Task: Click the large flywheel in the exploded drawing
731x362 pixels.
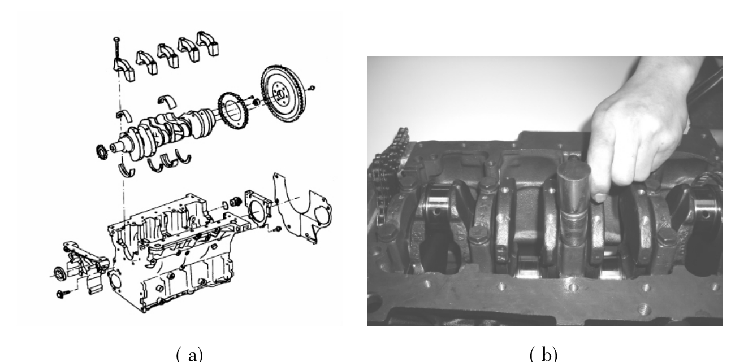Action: (283, 94)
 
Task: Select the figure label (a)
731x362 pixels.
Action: (189, 354)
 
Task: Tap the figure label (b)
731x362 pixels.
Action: (544, 354)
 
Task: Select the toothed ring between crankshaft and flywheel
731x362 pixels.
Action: (233, 111)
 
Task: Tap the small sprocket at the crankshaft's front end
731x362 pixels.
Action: (102, 152)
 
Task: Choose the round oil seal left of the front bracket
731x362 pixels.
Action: (60, 273)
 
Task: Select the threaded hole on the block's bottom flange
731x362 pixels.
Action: (643, 308)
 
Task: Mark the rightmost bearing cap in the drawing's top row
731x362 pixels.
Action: (208, 43)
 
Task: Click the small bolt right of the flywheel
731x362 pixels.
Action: (312, 88)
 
